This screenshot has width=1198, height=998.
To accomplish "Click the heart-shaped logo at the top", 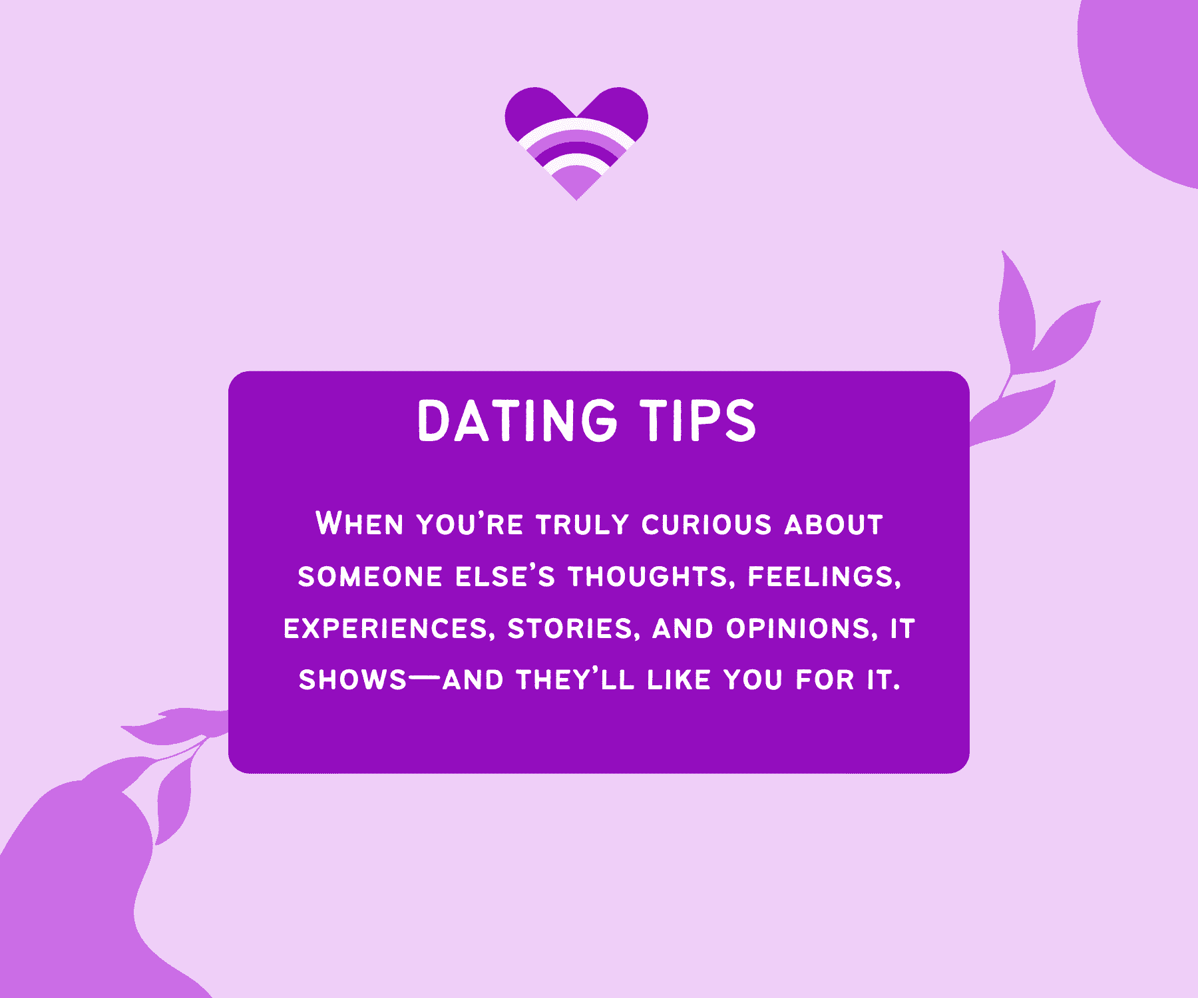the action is pyautogui.click(x=576, y=140).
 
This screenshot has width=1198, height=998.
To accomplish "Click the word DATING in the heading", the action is pyautogui.click(x=517, y=420).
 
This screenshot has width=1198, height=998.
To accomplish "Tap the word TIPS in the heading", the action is pyautogui.click(x=698, y=420).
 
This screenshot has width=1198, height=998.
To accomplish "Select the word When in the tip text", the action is pyautogui.click(x=359, y=524).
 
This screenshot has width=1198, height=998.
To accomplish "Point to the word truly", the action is pyautogui.click(x=582, y=524).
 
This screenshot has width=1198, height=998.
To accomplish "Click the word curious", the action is pyautogui.click(x=706, y=524).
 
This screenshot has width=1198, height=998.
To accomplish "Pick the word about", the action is pyautogui.click(x=833, y=524).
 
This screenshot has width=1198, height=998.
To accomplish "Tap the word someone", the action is pyautogui.click(x=370, y=576).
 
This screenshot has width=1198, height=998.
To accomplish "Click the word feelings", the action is pyautogui.click(x=825, y=576).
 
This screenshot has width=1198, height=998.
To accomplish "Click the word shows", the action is pyautogui.click(x=352, y=680).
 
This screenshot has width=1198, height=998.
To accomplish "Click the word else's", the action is pyautogui.click(x=505, y=576).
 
